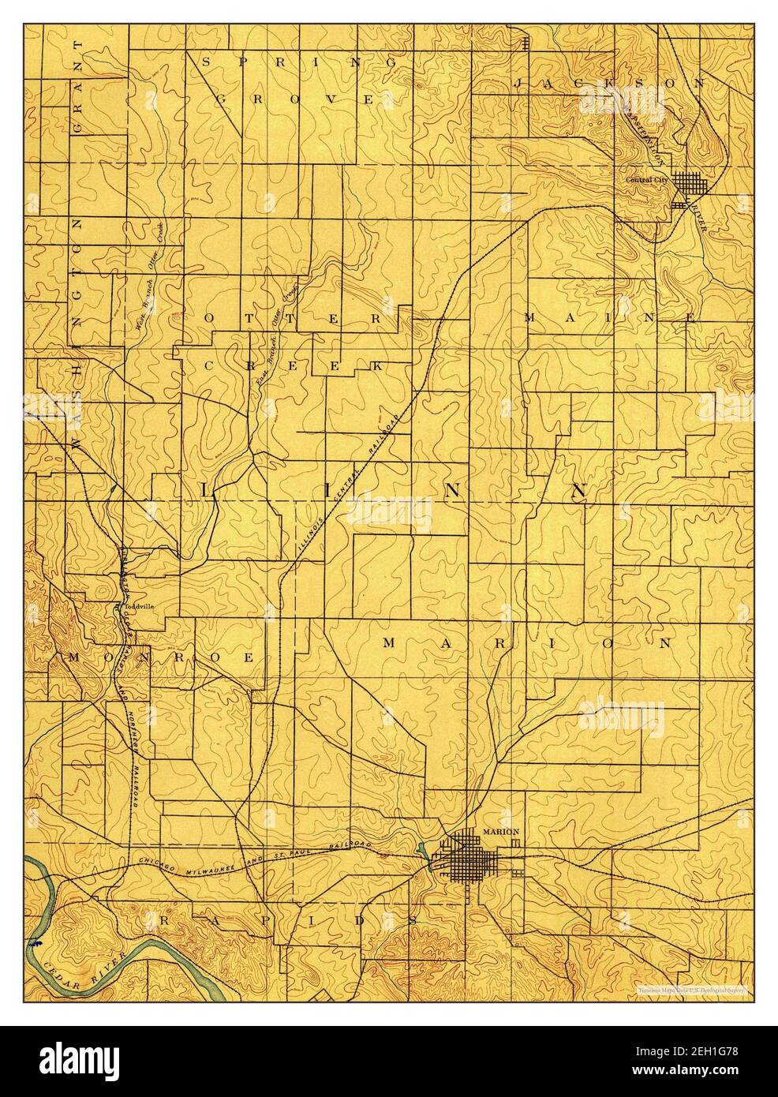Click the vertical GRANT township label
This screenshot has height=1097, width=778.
coord(78,95)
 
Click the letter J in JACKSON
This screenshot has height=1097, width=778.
coord(519,83)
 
